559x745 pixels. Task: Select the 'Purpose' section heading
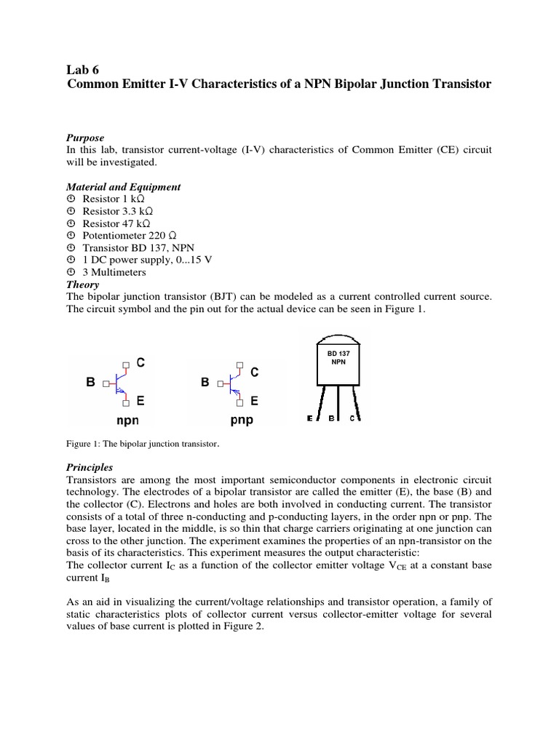pos(85,138)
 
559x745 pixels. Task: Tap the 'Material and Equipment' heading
pos(123,187)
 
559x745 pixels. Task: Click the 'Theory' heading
pos(82,285)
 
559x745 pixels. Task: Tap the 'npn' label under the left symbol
pos(127,420)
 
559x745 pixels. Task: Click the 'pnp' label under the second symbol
pos(242,420)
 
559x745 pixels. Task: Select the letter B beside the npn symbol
pos(91,381)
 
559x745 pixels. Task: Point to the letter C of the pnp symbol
pos(255,372)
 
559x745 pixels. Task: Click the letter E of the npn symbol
pos(140,400)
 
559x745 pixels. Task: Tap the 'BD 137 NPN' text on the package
pos(338,357)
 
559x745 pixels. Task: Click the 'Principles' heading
pos(90,467)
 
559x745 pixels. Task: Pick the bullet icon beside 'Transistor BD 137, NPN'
pos(71,248)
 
